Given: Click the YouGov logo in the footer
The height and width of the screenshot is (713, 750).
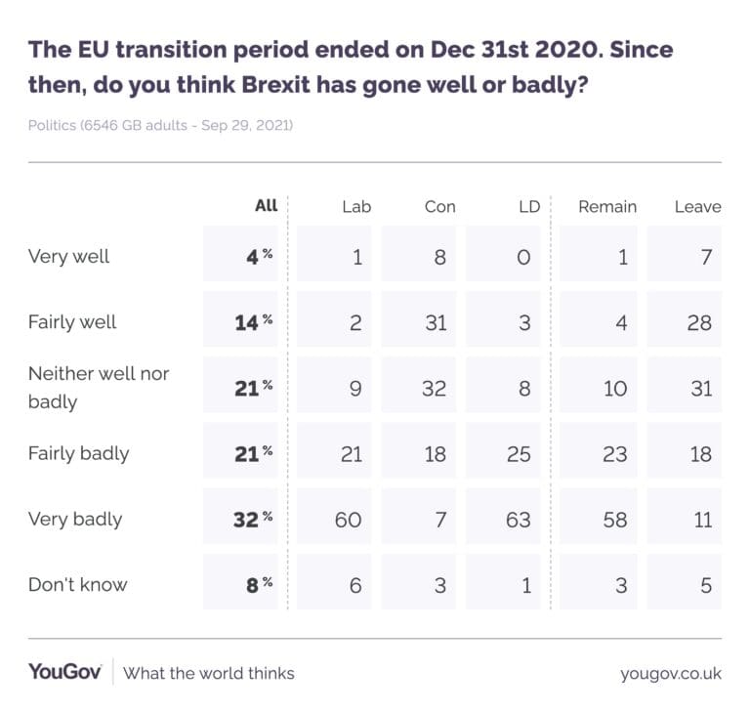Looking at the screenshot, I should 64,672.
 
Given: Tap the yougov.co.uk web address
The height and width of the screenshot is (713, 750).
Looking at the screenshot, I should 670,673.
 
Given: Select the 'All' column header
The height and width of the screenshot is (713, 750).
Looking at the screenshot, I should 266,206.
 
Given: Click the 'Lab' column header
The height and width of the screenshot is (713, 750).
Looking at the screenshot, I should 356,207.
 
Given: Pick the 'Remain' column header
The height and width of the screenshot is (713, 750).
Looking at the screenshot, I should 606,207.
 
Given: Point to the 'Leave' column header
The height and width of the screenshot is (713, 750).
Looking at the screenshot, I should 697,207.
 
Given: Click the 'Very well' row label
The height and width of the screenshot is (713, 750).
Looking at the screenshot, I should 69,257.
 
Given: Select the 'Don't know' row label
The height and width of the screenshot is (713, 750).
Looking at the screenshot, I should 78,585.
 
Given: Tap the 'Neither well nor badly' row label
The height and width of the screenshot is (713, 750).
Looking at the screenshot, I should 98,388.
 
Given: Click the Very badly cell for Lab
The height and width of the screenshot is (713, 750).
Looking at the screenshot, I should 348,520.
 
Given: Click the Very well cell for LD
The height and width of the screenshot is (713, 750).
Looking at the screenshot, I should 523,257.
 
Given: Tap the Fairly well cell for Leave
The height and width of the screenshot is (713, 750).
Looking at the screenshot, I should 698,322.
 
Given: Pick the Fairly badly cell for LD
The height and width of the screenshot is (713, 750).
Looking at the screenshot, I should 518,454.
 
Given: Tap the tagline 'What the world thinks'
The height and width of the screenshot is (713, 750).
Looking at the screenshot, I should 209,673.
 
